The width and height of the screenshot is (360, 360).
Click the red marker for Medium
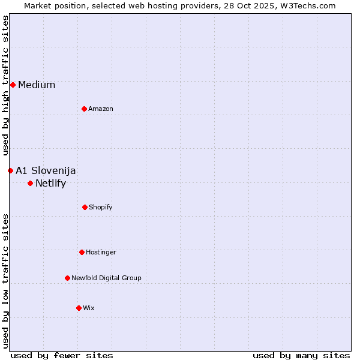13,85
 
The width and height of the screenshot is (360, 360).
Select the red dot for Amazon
84,109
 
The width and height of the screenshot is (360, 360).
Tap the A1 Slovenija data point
10,170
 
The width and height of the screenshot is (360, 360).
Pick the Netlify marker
30,183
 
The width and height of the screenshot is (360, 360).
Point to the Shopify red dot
85,207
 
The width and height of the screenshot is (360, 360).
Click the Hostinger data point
82,252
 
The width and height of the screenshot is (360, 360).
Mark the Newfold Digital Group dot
67,278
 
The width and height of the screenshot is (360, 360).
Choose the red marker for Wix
79,308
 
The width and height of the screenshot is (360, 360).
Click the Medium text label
37,85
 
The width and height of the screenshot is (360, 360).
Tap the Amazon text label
101,109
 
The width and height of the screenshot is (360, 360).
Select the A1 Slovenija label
46,170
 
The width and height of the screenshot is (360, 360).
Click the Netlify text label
50,183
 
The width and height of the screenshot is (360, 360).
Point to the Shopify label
101,207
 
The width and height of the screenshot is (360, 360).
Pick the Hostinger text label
101,252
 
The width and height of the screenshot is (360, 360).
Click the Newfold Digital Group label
106,278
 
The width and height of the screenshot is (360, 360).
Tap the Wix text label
89,308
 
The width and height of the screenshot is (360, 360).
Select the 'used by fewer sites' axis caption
62,355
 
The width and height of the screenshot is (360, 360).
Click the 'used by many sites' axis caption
301,355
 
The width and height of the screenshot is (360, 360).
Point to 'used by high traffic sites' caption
5,85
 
